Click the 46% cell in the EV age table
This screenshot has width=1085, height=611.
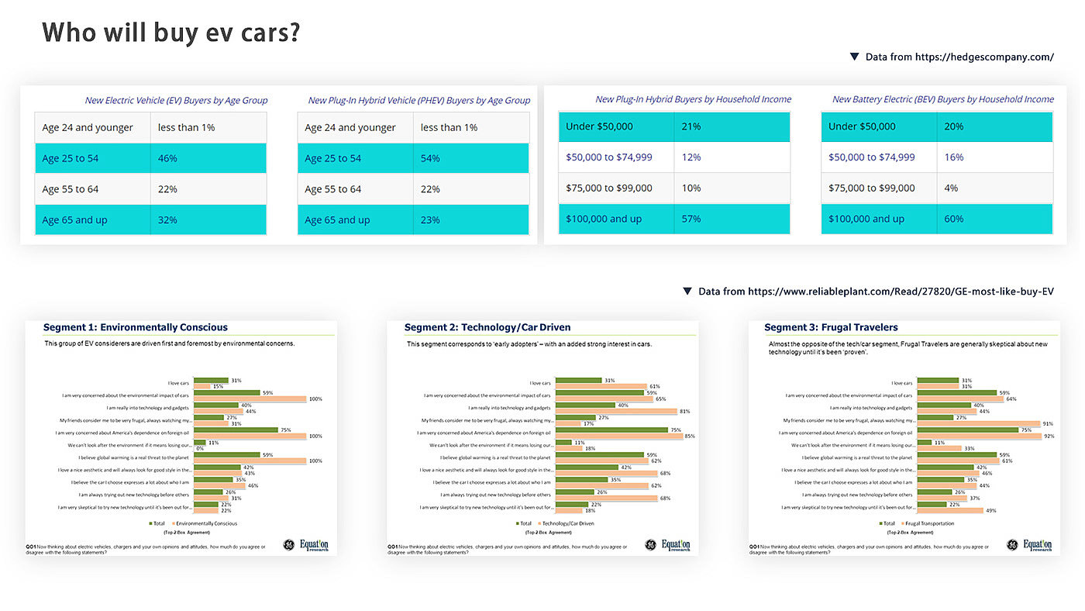coord(168,158)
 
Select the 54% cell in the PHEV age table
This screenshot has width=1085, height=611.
coord(430,158)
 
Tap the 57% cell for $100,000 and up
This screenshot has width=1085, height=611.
coord(691,219)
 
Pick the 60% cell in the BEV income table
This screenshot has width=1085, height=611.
coord(954,219)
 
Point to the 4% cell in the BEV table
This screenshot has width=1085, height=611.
coord(951,188)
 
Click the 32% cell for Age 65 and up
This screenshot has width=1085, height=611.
coord(168,220)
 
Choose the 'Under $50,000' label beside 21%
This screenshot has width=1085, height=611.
coord(599,126)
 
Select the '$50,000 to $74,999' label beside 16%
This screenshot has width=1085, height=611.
coord(871,157)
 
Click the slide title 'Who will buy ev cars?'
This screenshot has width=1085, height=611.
coord(171,33)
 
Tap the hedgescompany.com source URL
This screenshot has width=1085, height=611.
coord(984,57)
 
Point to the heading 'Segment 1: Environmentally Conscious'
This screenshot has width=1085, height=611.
coord(136,327)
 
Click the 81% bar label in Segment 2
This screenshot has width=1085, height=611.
coord(684,411)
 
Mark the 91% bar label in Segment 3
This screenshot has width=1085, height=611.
coord(1047,423)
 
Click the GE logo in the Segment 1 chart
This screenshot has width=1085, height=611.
coord(289,544)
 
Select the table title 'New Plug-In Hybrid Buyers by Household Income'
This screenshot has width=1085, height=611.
coord(693,99)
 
